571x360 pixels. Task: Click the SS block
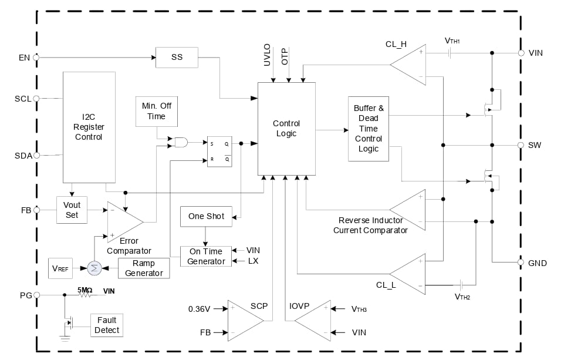177,58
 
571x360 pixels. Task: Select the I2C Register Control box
89,127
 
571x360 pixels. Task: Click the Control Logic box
286,129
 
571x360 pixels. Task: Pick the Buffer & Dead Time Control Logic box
368,129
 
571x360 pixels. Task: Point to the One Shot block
206,216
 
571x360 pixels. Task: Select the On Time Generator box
206,257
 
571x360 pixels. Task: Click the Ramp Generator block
144,268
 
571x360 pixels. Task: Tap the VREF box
60,268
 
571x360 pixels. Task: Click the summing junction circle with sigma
94,268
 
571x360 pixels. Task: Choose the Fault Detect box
107,325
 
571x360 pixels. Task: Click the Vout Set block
72,210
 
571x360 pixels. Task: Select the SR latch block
219,152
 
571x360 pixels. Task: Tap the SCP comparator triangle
244,320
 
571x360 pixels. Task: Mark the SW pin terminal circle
521,144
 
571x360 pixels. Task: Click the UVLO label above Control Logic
267,53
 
